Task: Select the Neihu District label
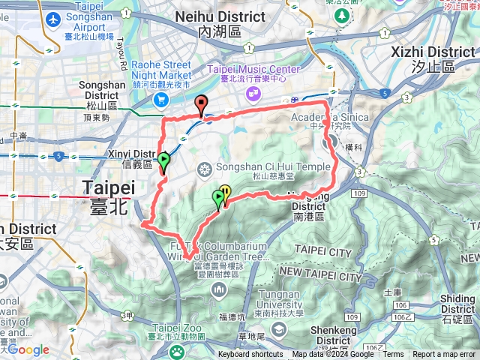pos(221,22)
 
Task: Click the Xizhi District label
pos(433,58)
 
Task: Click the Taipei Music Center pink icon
pos(254,93)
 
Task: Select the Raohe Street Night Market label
pos(161,75)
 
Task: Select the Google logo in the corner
pos(28,349)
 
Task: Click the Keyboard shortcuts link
pos(250,355)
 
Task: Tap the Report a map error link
pos(443,355)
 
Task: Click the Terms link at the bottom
pos(393,355)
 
